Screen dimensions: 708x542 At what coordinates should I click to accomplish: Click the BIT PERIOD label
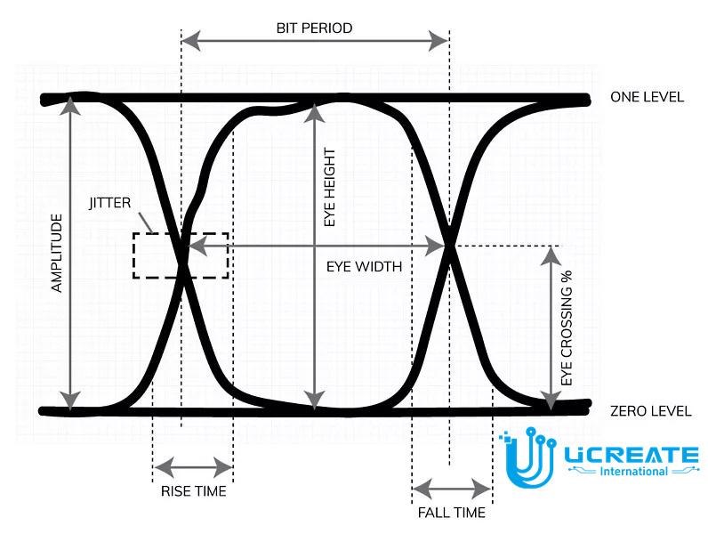click(x=314, y=28)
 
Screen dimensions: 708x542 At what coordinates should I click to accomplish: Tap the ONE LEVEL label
click(x=647, y=97)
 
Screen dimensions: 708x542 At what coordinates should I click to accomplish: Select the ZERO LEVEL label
click(x=651, y=411)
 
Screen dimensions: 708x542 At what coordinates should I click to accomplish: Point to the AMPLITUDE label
click(x=57, y=253)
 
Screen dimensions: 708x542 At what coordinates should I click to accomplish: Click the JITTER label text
click(x=110, y=203)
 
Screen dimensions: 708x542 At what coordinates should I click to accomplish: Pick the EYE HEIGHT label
click(x=330, y=188)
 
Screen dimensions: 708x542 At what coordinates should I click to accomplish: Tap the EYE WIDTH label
click(x=364, y=266)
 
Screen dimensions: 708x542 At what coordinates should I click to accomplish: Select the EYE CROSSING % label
click(x=567, y=328)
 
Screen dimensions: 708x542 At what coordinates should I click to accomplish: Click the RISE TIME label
click(x=194, y=491)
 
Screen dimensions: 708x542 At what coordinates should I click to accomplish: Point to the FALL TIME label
click(x=452, y=513)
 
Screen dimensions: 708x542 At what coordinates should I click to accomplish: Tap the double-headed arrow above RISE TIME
click(x=193, y=467)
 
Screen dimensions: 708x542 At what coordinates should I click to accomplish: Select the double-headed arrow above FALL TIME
click(x=452, y=489)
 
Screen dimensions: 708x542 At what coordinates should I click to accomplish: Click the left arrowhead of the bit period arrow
click(x=190, y=41)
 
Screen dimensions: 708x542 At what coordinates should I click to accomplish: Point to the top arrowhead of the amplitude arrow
click(x=70, y=106)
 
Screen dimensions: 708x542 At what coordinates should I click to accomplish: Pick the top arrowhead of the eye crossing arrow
click(x=551, y=256)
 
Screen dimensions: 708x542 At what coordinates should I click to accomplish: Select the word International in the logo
click(x=633, y=472)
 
